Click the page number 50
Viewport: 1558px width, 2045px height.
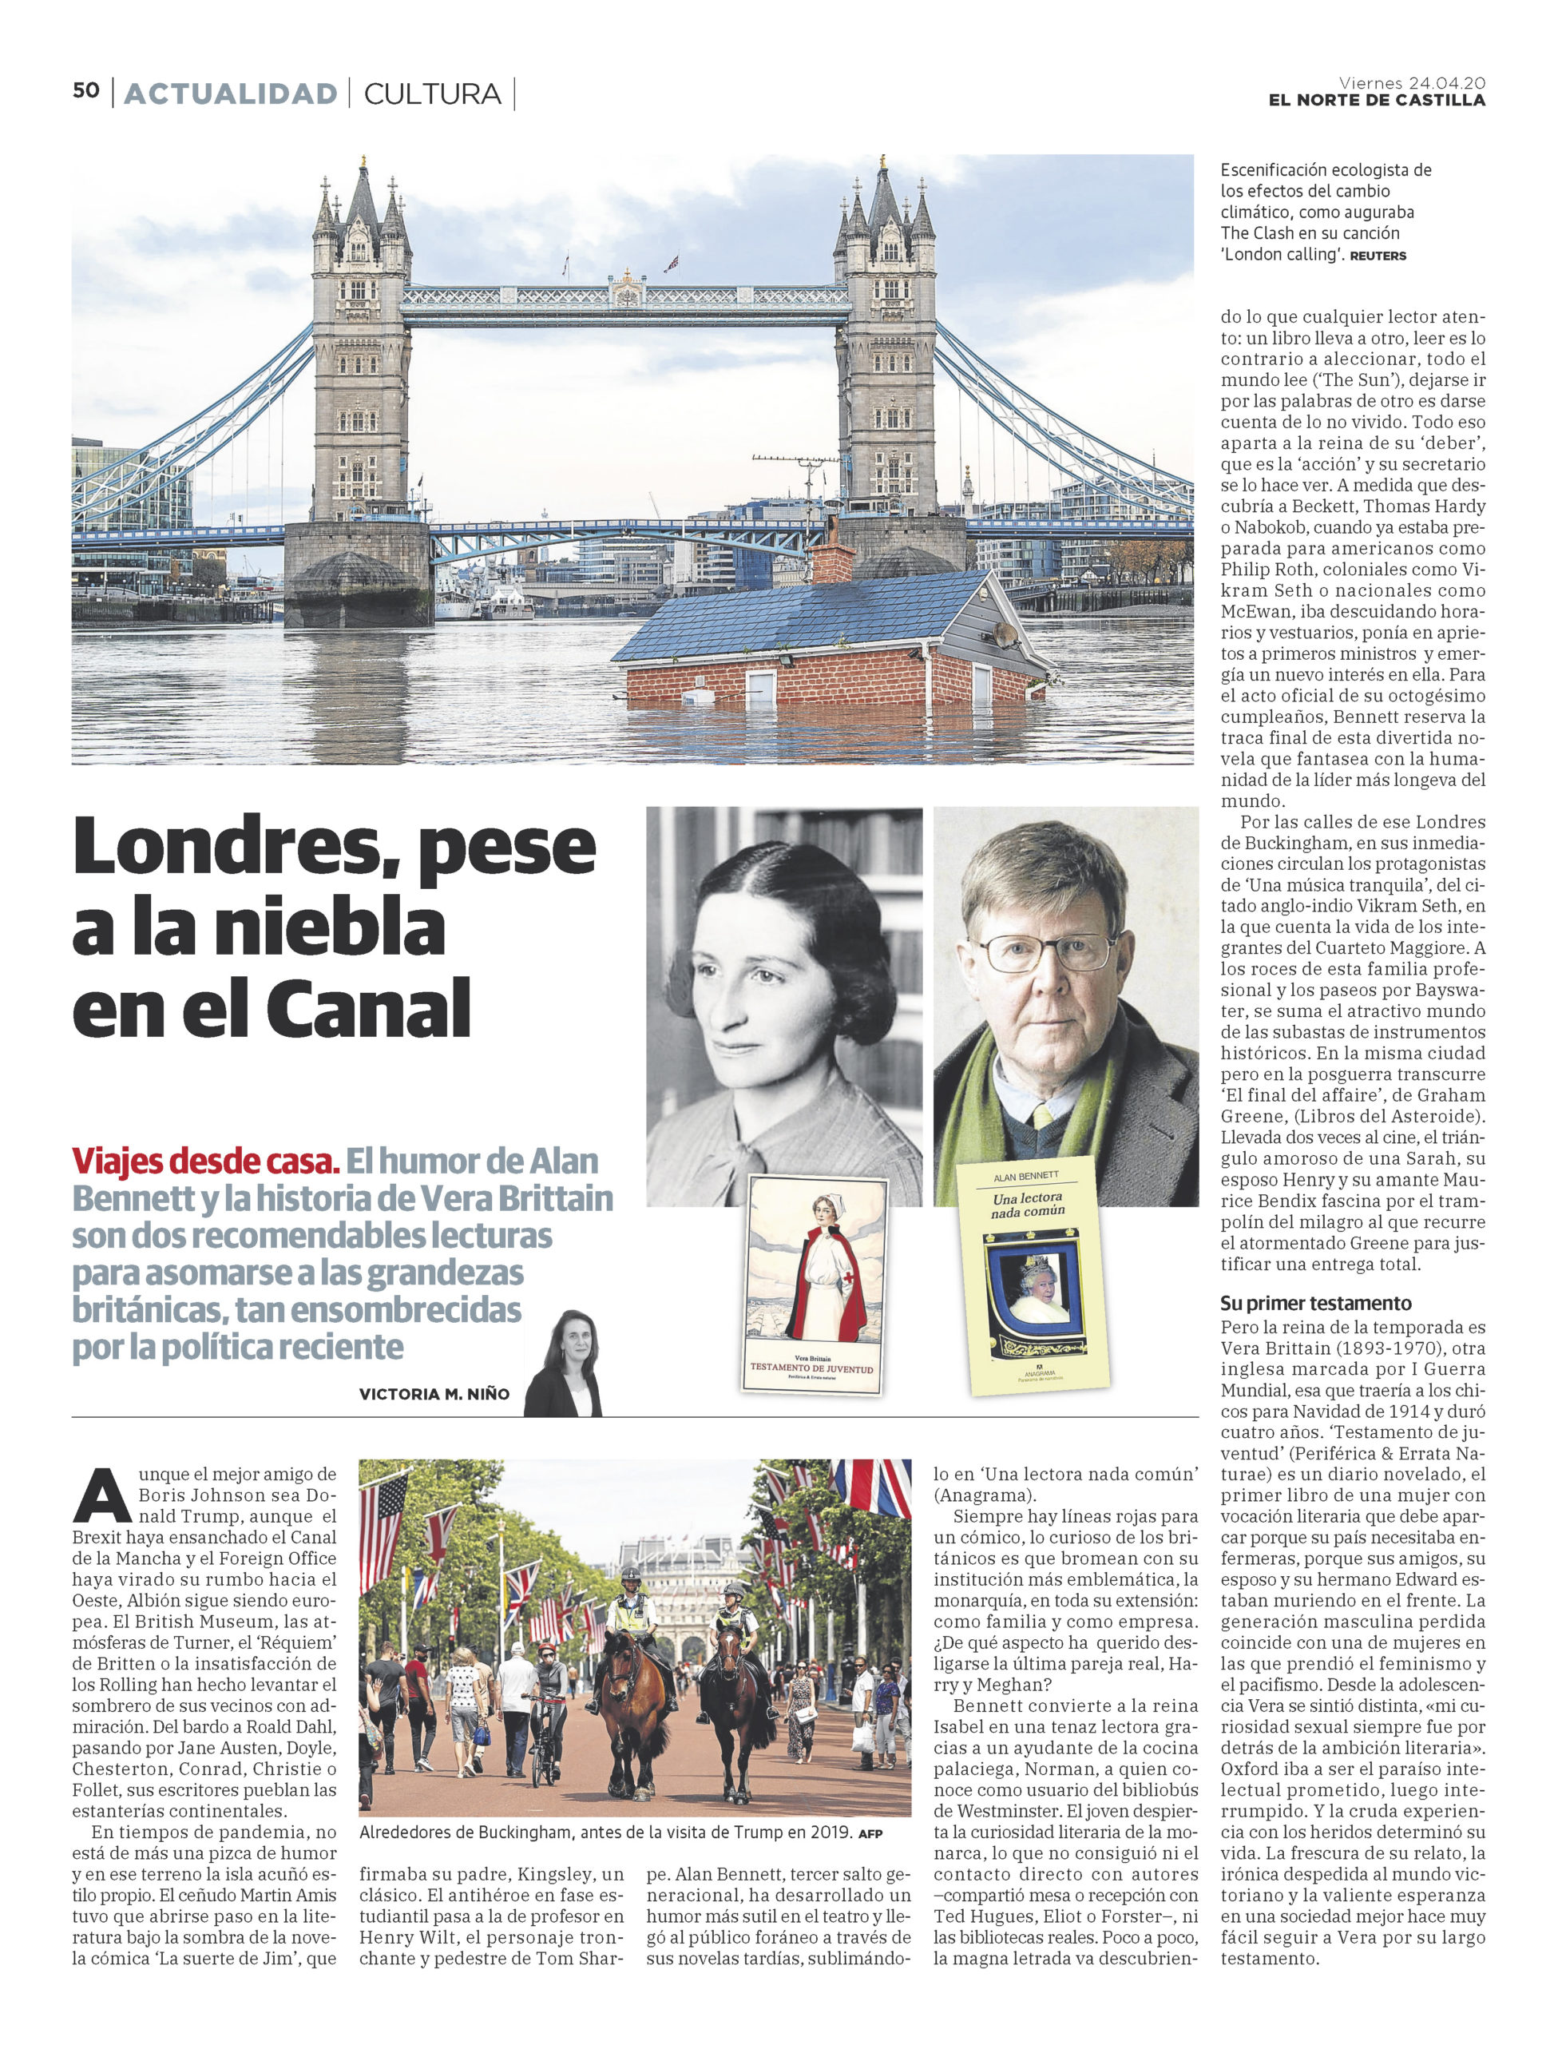point(86,91)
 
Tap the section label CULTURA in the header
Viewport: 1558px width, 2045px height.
point(432,93)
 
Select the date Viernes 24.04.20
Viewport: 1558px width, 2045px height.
point(1412,81)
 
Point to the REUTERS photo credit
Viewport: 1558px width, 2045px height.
point(1378,256)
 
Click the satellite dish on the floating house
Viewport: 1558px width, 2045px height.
point(1005,633)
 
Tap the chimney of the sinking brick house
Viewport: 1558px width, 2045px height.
point(833,560)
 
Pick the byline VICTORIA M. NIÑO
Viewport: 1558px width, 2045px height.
point(434,1393)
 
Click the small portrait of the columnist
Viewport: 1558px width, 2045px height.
point(563,1364)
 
